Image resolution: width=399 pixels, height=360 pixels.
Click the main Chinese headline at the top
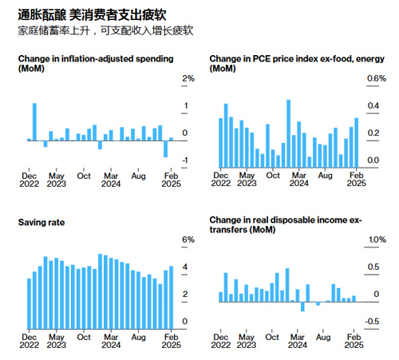92,14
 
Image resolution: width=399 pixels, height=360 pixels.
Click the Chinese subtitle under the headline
105,30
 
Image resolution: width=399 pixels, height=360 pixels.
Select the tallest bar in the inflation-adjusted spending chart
34,122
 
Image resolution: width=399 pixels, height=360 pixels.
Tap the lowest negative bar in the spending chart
166,149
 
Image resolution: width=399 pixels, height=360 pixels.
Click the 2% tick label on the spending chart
188,78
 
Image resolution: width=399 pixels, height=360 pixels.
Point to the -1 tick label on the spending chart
185,160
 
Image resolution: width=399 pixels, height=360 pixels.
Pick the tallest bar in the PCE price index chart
289,134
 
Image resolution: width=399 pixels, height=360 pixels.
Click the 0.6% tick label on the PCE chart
377,78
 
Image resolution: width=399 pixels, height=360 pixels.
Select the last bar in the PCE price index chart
357,143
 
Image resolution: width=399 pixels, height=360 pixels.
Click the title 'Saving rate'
41,223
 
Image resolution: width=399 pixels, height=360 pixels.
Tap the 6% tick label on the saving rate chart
188,239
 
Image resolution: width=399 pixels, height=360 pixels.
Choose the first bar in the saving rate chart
30,304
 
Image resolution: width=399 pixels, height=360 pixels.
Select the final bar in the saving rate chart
172,298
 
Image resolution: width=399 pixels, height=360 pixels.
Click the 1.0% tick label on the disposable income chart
377,239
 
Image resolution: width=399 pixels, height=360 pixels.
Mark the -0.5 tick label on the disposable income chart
372,322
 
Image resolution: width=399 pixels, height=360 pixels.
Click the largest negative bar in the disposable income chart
302,307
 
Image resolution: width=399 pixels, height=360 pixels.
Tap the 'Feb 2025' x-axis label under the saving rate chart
171,341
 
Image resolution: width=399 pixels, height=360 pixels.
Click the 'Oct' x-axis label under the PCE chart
273,176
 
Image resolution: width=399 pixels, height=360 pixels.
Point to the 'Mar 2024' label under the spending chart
111,180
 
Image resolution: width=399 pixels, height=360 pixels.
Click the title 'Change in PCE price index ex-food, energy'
297,58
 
